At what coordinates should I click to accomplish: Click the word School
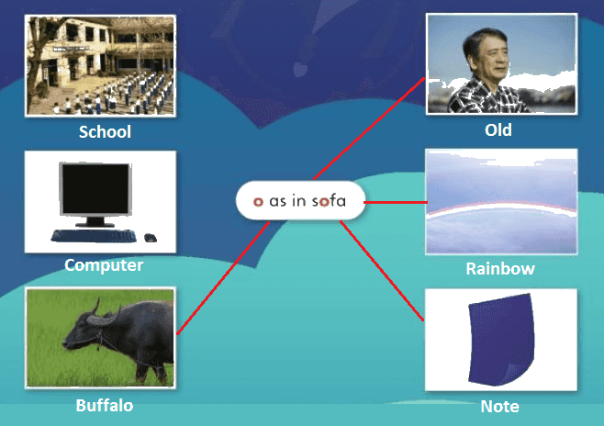pos(105,131)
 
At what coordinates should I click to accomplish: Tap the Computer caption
pos(104,265)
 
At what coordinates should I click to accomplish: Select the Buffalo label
pos(105,406)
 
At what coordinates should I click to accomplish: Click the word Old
pos(498,130)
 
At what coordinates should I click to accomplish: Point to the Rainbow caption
pos(500,269)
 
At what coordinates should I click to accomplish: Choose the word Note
pos(499,407)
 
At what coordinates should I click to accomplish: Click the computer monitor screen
pos(95,189)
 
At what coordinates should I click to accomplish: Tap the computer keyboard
pos(94,235)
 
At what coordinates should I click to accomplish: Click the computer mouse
pos(151,238)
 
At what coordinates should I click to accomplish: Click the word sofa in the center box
pos(329,201)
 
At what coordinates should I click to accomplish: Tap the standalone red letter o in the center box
pos(258,201)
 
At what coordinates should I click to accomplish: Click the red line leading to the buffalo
pos(223,277)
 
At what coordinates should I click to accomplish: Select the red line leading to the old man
pos(369,129)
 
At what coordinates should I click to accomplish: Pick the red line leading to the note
pos(382,271)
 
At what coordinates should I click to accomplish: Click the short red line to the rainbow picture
pos(396,202)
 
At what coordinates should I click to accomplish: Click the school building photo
pos(100,65)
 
